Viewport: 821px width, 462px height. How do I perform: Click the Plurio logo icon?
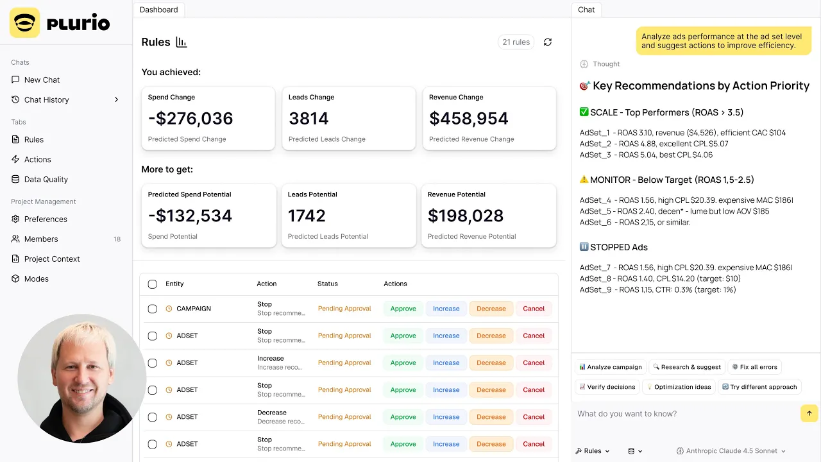click(24, 23)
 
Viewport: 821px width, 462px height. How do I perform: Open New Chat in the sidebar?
click(42, 80)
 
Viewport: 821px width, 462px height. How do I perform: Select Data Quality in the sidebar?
click(46, 180)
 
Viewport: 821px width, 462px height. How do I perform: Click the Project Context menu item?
click(52, 259)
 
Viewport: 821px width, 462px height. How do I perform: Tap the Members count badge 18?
click(117, 239)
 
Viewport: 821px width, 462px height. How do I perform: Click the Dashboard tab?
click(158, 10)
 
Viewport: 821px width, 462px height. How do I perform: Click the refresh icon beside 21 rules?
click(547, 42)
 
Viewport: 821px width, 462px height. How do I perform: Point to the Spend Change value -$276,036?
click(190, 119)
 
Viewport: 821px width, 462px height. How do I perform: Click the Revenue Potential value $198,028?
click(466, 216)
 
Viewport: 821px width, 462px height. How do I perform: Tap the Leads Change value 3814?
click(309, 119)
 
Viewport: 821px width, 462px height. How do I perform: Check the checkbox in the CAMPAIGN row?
click(152, 309)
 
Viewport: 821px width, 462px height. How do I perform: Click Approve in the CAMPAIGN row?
click(403, 309)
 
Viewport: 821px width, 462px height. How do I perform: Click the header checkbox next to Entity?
click(152, 284)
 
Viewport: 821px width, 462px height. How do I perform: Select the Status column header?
click(327, 284)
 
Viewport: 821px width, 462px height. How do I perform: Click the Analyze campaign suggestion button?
click(610, 367)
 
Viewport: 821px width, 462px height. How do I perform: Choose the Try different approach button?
click(759, 387)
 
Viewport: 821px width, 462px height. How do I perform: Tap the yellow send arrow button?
click(809, 413)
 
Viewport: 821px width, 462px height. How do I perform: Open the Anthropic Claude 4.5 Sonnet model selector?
click(731, 451)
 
